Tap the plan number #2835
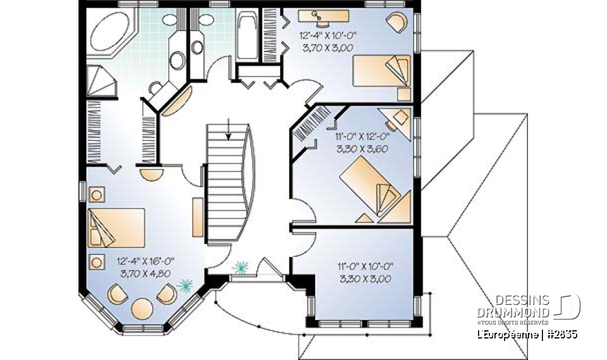point(563,333)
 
